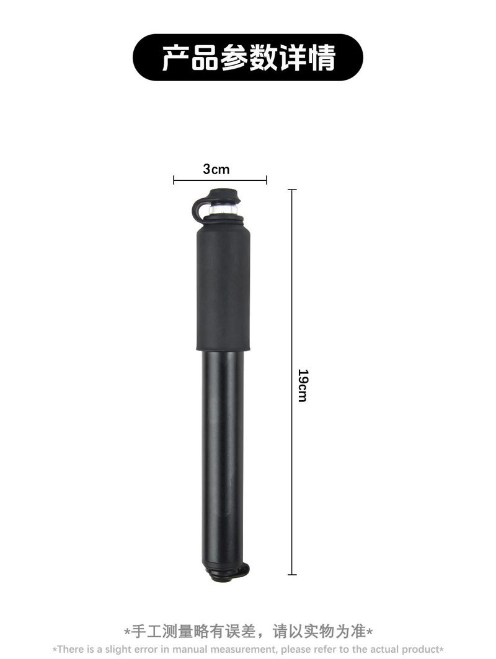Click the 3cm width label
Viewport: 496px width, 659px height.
pyautogui.click(x=216, y=169)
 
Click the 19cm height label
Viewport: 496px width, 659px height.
pyautogui.click(x=303, y=385)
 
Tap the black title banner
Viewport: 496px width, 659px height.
pyautogui.click(x=248, y=58)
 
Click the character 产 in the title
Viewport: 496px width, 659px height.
pyautogui.click(x=176, y=58)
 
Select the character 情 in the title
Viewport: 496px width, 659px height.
pyautogui.click(x=321, y=58)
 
